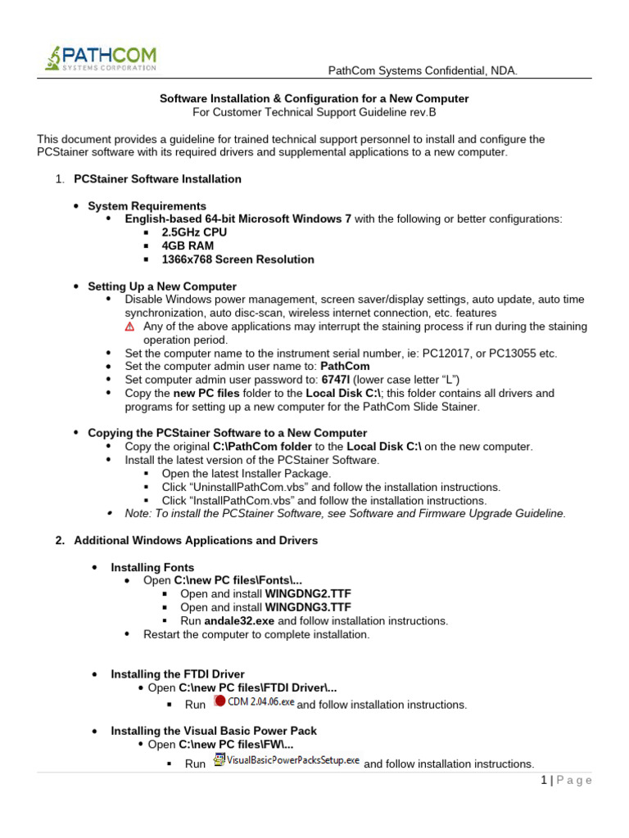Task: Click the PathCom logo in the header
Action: tap(100, 59)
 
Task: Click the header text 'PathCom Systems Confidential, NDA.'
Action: tap(423, 71)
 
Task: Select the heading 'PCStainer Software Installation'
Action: tap(157, 178)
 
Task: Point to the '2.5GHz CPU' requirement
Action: tap(194, 232)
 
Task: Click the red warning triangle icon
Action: tap(129, 327)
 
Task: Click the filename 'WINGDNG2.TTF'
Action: tap(303, 594)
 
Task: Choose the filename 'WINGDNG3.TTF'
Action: tap(303, 607)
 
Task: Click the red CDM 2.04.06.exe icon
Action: tap(219, 701)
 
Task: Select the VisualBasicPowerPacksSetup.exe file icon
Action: tap(219, 760)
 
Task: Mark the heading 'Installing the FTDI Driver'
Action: tap(178, 674)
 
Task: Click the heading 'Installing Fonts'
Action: tap(152, 567)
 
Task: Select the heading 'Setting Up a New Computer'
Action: tap(162, 286)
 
